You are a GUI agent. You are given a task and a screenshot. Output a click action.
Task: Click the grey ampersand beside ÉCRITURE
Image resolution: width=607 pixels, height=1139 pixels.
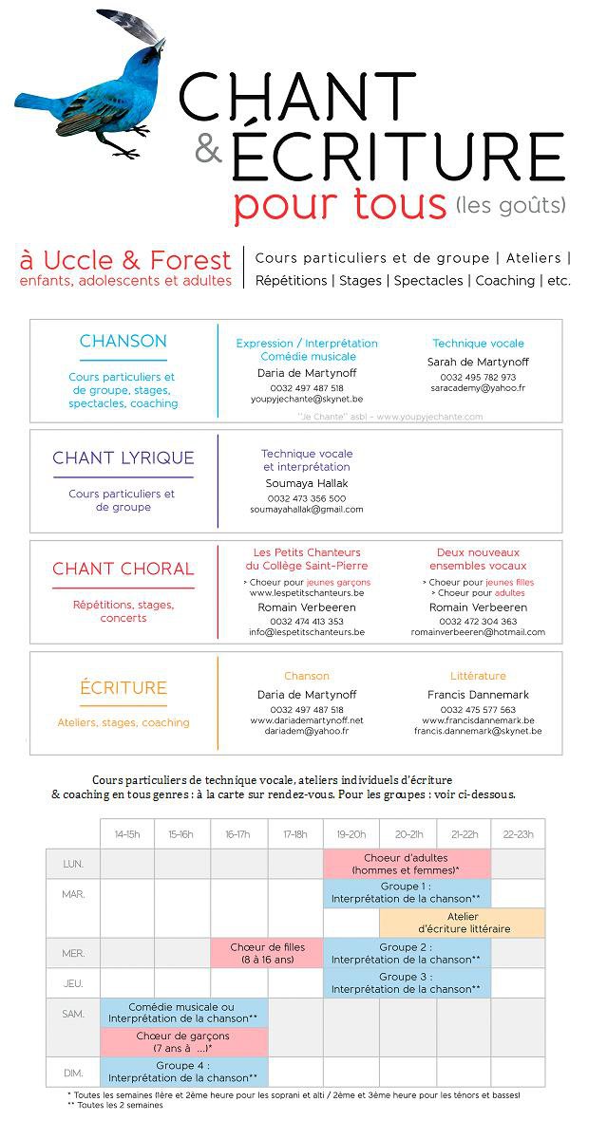coord(207,147)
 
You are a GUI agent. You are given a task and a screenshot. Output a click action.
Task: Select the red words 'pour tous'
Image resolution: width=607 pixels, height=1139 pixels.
coord(339,204)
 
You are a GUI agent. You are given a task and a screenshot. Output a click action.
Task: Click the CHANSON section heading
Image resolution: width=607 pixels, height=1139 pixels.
coord(123,342)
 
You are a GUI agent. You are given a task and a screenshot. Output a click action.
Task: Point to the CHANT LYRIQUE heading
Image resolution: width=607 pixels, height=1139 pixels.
coord(123,458)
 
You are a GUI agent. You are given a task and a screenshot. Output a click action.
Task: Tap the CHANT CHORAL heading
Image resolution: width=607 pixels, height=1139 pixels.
coord(123,569)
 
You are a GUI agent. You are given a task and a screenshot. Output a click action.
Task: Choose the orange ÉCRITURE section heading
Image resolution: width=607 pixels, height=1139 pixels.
coord(123,687)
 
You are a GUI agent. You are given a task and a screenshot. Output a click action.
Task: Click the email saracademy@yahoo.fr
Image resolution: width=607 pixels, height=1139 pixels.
coord(477,388)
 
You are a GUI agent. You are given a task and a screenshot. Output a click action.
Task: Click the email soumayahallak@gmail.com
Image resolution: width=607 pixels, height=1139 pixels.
coord(306,510)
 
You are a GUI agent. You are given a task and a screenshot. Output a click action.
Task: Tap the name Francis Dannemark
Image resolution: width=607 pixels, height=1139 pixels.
coord(478,695)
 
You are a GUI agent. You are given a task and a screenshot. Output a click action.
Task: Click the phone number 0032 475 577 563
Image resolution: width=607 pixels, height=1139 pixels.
coord(478,710)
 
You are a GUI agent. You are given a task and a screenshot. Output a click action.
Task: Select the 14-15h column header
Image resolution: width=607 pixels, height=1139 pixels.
coord(127,833)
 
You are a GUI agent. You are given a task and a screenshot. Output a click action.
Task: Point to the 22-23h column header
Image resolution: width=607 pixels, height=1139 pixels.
coord(518,833)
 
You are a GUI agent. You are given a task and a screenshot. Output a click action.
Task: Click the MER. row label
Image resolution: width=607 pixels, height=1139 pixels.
coord(73,953)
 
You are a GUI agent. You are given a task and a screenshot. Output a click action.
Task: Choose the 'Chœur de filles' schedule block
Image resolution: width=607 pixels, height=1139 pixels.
coord(267,953)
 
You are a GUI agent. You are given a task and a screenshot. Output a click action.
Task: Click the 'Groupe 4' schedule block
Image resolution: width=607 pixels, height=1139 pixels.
coord(183,1072)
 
